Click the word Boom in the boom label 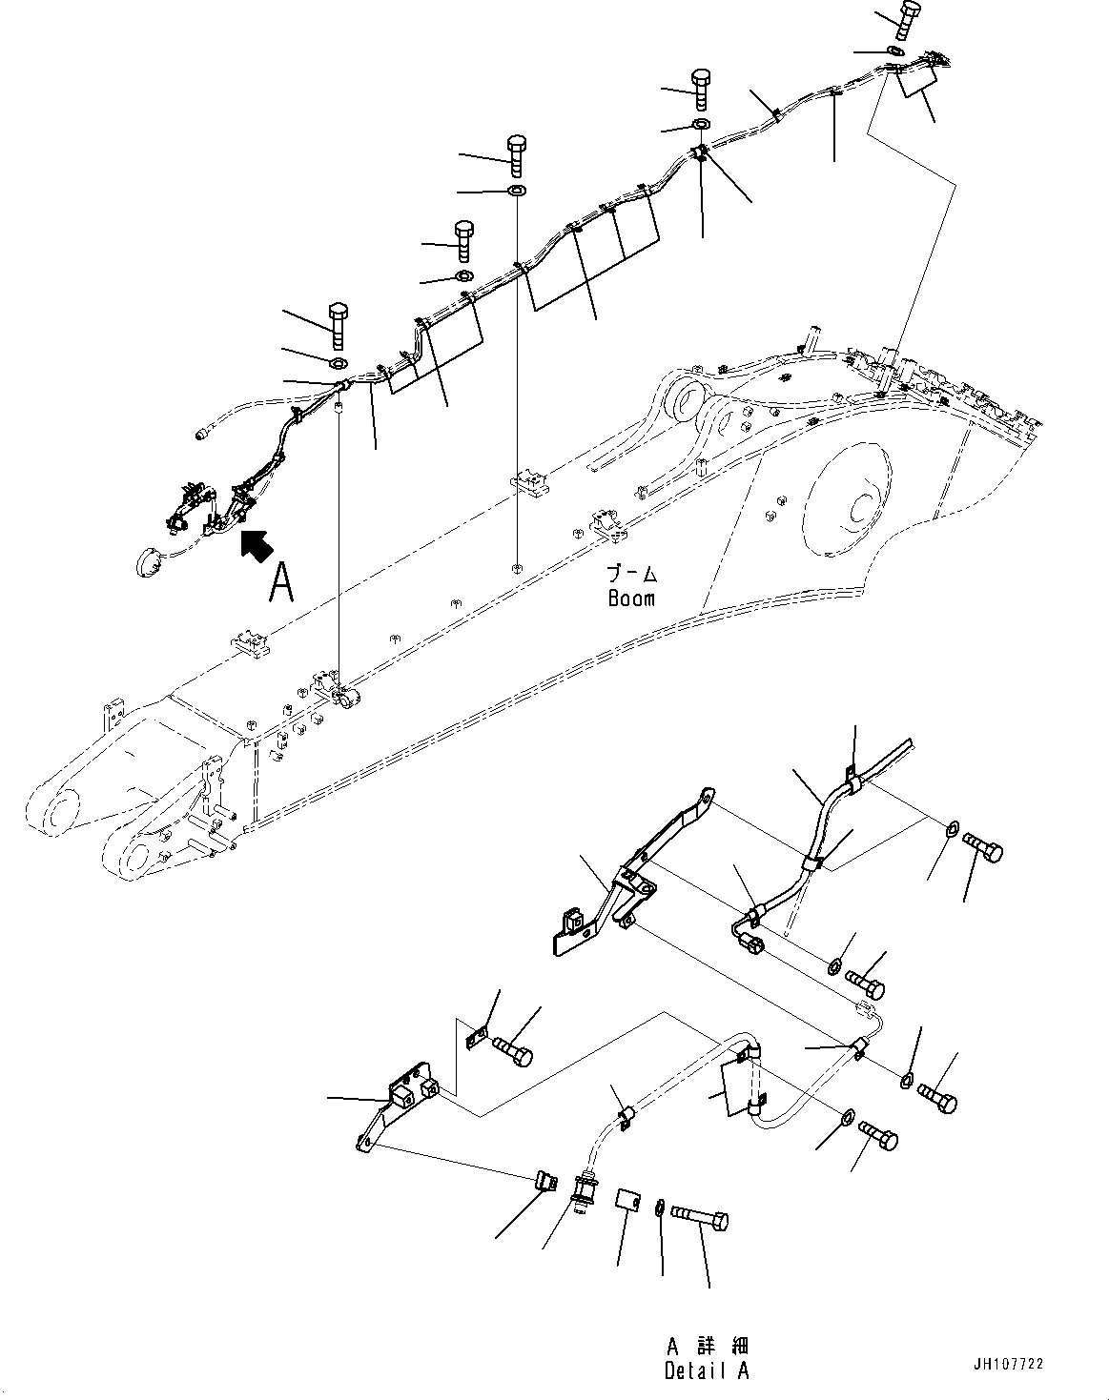[x=631, y=599]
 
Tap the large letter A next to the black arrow [x=280, y=582]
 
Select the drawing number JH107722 [x=1009, y=1365]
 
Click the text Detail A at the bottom [x=707, y=1371]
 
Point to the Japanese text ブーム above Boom [x=632, y=575]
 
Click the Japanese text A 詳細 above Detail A [x=707, y=1347]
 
